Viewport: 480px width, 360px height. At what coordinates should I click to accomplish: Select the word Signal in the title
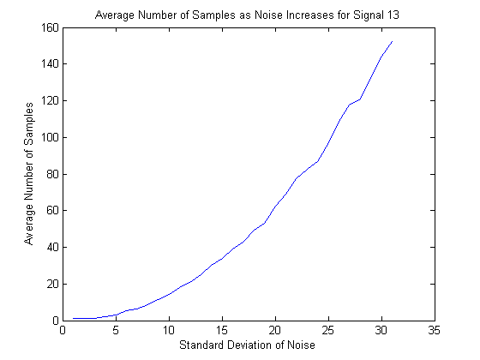tap(368, 15)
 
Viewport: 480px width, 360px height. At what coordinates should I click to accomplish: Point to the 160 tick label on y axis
tap(50, 27)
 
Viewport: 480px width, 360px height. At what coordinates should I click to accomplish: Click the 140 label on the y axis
tap(50, 64)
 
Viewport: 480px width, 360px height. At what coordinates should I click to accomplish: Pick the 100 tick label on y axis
tap(50, 137)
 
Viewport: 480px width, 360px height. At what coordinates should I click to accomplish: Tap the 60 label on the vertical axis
tap(52, 211)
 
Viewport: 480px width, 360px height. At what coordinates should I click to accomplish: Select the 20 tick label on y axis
tap(52, 284)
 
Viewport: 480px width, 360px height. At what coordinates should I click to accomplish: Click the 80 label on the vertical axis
tap(52, 174)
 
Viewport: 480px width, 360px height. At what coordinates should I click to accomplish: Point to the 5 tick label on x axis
tap(116, 330)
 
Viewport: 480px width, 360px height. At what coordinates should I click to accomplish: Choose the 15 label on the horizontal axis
tap(222, 330)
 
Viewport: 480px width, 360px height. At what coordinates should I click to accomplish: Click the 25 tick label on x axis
tap(328, 330)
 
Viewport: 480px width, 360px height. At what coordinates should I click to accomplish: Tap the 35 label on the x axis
tap(435, 330)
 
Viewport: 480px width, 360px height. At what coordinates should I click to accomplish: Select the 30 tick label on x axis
tap(381, 330)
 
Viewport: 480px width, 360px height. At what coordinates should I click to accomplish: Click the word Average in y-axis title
tap(28, 225)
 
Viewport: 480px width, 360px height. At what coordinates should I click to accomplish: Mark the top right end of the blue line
tap(393, 41)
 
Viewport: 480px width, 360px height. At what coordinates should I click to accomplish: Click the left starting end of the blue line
tap(74, 318)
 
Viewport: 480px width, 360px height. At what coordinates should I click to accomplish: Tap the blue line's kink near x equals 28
tap(360, 99)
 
